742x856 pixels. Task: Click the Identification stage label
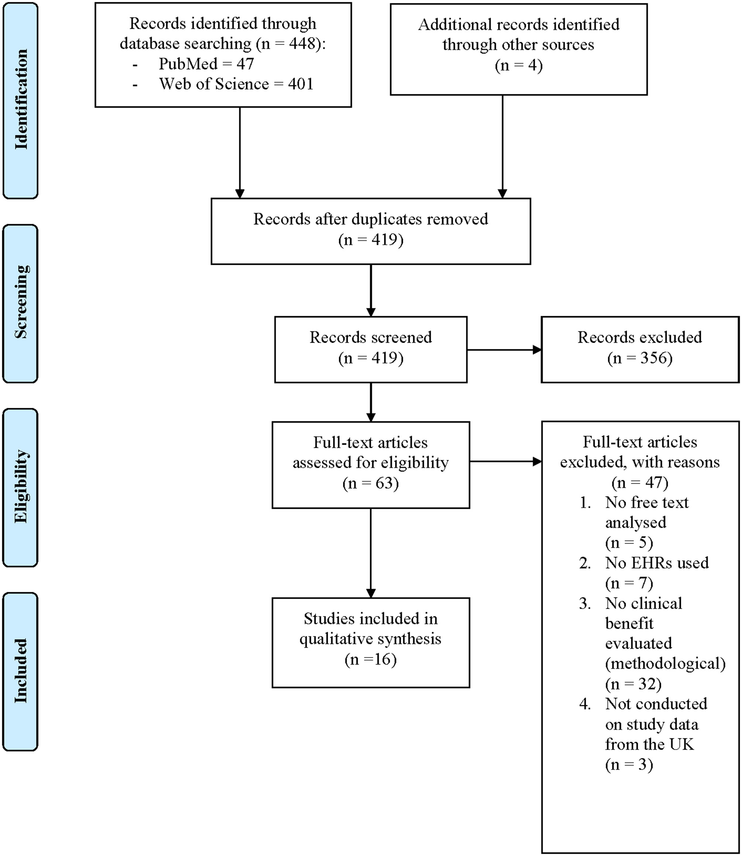point(21,99)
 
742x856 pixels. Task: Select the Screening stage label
point(21,302)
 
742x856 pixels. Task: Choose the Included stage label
point(21,671)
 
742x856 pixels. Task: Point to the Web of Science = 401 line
point(236,84)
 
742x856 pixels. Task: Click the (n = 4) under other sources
point(518,65)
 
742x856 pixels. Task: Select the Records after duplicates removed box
point(371,231)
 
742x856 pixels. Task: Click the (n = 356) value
point(640,358)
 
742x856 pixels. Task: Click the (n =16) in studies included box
point(371,659)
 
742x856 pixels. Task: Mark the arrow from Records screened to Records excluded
point(504,350)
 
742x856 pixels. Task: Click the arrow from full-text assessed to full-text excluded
point(505,461)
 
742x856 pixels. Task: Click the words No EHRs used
point(657,563)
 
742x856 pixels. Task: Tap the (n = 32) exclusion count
point(633,684)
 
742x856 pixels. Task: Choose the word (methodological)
point(665,663)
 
